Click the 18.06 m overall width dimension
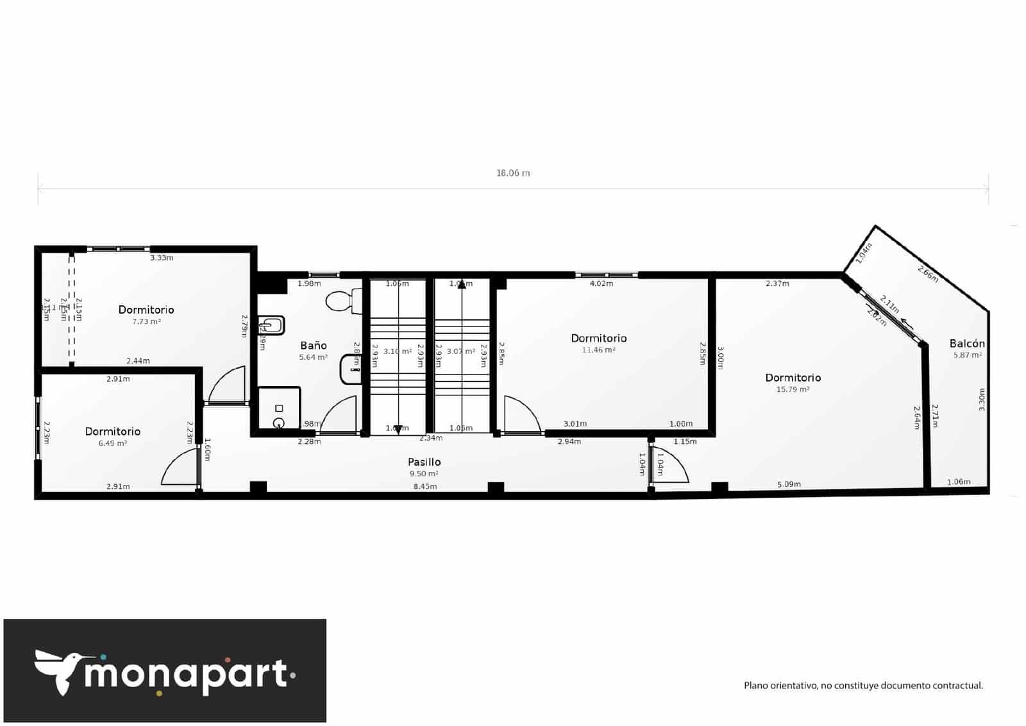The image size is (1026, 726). click(513, 173)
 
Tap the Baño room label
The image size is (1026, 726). click(314, 346)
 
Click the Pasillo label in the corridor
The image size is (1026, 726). click(424, 462)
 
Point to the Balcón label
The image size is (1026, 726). click(967, 344)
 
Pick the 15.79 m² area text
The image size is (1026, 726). click(793, 389)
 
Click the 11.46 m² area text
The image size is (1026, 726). click(598, 350)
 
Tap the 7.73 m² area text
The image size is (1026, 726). click(146, 321)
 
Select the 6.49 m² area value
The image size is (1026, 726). click(112, 443)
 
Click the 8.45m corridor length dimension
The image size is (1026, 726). click(425, 487)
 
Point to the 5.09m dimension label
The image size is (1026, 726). click(789, 484)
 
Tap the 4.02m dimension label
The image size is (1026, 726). click(601, 283)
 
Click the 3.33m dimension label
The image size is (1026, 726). click(162, 258)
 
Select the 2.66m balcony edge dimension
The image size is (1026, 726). click(928, 274)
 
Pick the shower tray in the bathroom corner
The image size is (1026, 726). click(279, 408)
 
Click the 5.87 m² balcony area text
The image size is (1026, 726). click(967, 355)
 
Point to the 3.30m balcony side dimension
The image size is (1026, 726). click(981, 400)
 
